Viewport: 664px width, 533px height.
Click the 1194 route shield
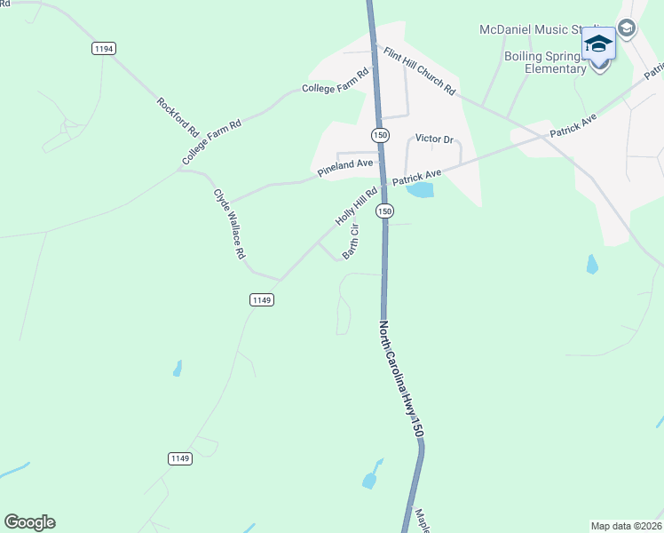(103, 49)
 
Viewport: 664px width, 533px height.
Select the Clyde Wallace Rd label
(228, 223)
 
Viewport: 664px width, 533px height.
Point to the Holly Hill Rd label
(356, 204)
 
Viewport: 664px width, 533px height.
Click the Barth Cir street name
(352, 241)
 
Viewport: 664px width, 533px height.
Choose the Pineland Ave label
(345, 165)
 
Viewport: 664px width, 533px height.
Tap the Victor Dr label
(434, 139)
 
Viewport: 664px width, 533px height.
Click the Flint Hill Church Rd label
(419, 71)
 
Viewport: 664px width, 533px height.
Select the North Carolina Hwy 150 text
(401, 378)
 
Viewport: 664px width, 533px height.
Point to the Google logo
(29, 522)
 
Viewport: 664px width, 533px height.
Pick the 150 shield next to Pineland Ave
(380, 134)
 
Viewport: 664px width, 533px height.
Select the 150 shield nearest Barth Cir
(384, 211)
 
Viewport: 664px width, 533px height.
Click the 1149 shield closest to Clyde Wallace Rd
(261, 300)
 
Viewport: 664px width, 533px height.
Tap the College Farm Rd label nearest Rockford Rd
(211, 142)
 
